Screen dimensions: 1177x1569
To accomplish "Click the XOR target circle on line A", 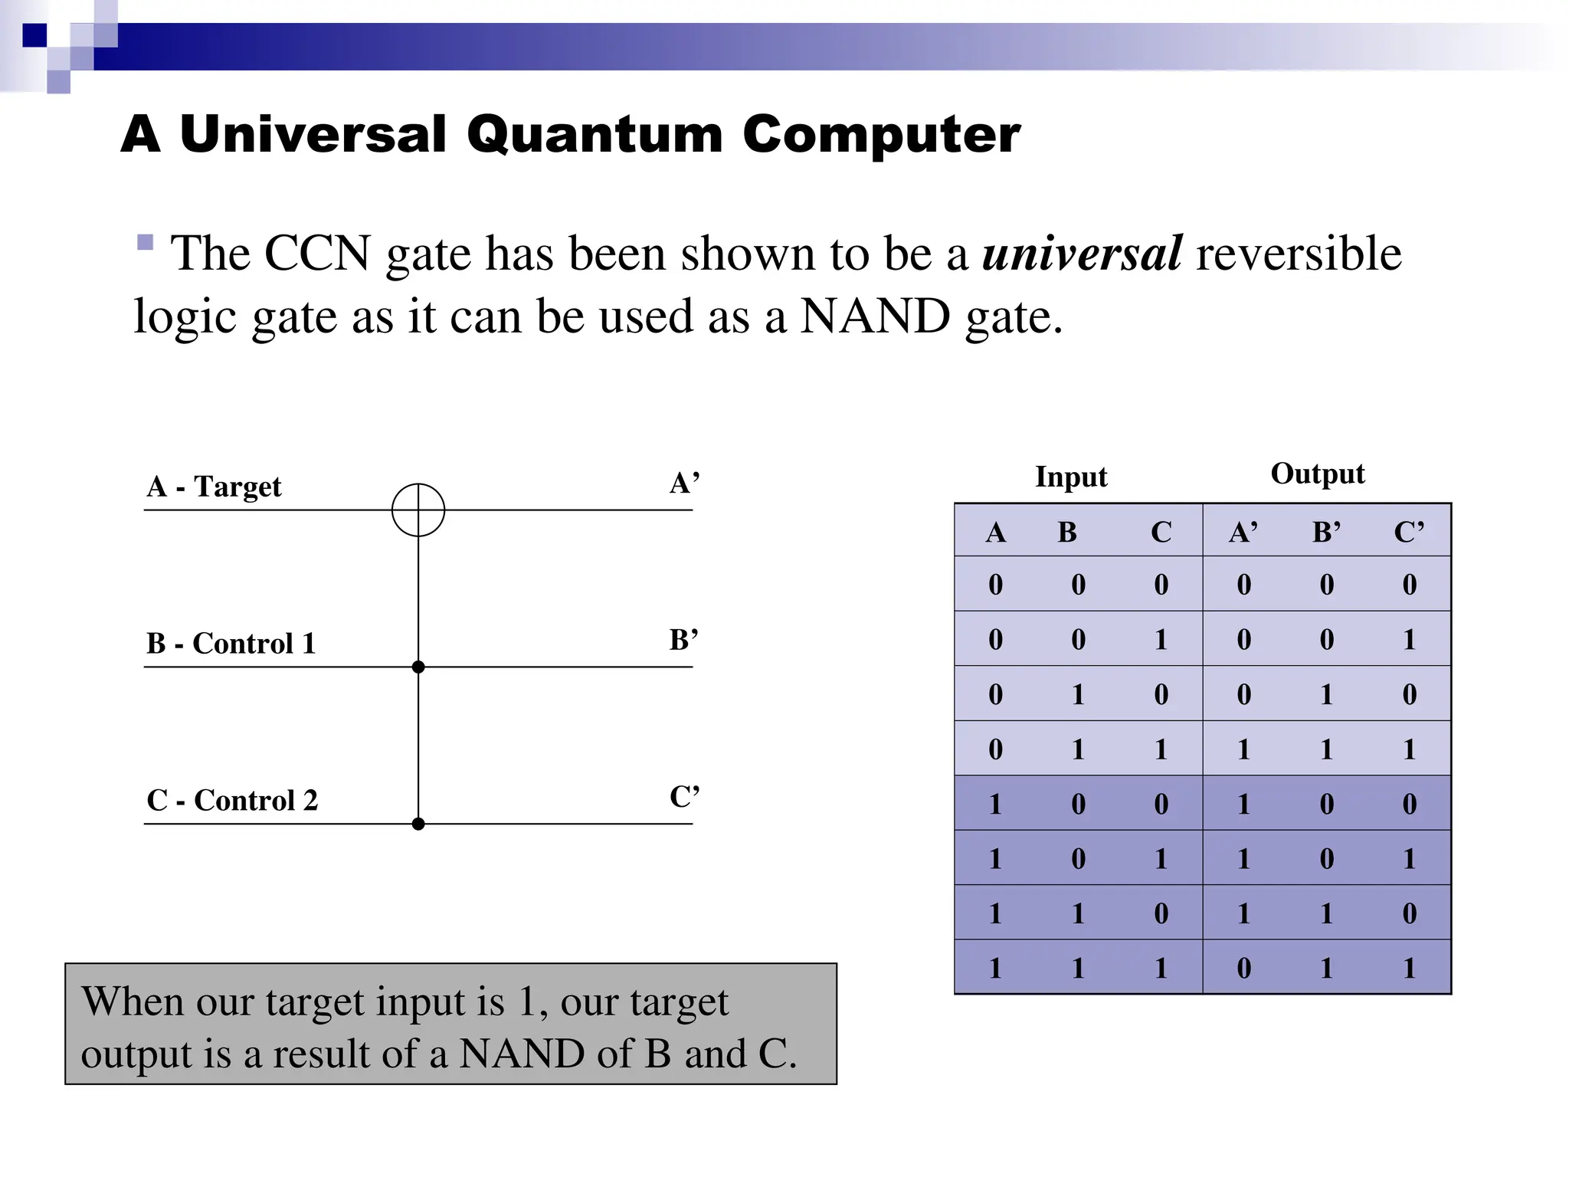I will (418, 510).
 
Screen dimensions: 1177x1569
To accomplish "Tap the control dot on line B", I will (418, 667).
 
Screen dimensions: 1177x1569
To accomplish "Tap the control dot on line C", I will (418, 824).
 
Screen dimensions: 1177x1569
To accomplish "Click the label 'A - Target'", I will (214, 487).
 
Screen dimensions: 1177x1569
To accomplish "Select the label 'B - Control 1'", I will (231, 644).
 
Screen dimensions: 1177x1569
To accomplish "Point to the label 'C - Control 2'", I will (232, 801).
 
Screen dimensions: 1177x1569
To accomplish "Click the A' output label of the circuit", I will (684, 484).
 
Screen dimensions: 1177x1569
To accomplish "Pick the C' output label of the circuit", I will (684, 797).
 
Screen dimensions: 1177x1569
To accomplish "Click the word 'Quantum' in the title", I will (595, 135).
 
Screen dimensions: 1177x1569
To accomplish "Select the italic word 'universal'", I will (1082, 253).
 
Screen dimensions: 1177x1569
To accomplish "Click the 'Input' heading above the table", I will (1071, 477).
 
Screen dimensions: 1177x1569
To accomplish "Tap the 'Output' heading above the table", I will (1318, 474).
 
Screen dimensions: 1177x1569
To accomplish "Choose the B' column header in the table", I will (1326, 532).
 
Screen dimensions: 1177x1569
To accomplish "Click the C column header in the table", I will (1161, 532).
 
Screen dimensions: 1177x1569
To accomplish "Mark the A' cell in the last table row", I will (1243, 969).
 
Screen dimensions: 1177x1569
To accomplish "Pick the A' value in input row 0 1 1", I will (1243, 749).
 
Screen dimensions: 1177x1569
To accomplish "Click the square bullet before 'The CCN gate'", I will (145, 243).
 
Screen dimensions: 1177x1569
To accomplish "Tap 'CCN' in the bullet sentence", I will (317, 253).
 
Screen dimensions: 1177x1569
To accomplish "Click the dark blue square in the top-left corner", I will (34, 35).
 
